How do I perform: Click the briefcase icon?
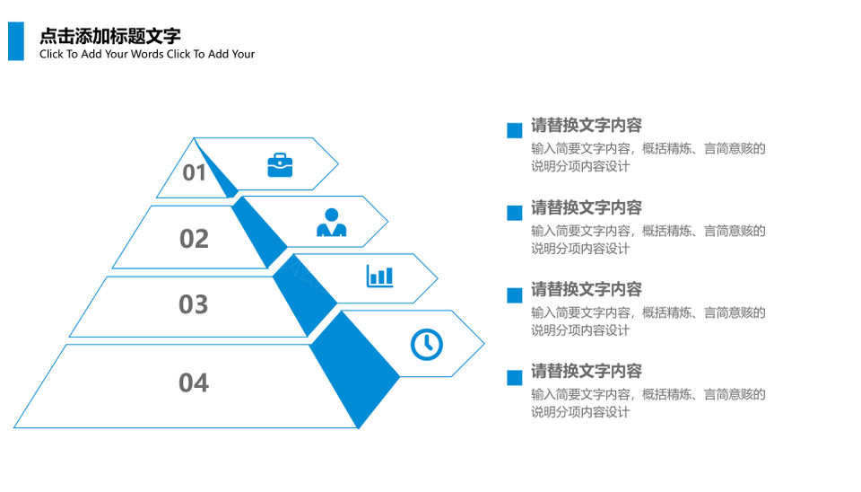(x=280, y=165)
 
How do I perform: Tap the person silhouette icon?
(x=332, y=222)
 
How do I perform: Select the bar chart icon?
(x=380, y=276)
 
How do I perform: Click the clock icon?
(x=427, y=345)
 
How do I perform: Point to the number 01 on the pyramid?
(x=195, y=172)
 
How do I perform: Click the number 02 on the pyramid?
(x=194, y=239)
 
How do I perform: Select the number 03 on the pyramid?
(x=194, y=304)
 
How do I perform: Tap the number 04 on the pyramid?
(x=194, y=382)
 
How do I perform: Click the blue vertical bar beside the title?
(x=16, y=41)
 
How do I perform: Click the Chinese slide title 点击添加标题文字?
(x=109, y=36)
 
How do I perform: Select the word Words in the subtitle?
(x=146, y=54)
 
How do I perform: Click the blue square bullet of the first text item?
(x=515, y=130)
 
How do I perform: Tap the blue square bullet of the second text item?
(x=515, y=213)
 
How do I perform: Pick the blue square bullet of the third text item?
(x=515, y=295)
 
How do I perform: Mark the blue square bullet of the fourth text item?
(x=515, y=378)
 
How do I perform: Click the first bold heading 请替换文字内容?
(x=587, y=126)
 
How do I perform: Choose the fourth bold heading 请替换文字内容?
(x=587, y=371)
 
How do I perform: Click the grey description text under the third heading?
(x=648, y=321)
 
